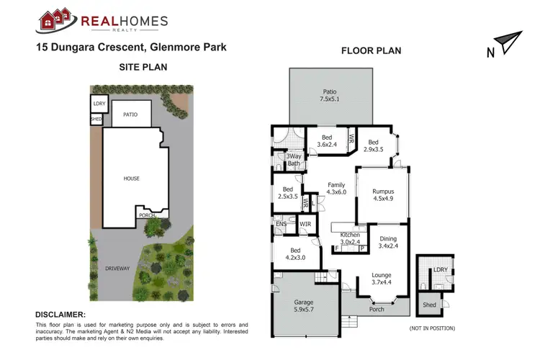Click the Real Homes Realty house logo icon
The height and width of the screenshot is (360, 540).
click(55, 21)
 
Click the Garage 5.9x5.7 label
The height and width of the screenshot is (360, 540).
click(304, 307)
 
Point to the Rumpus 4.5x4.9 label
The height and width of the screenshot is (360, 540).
click(383, 196)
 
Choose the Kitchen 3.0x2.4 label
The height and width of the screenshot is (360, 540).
click(350, 239)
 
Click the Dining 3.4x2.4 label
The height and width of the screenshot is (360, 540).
click(388, 243)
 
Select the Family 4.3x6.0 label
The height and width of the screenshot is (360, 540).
click(336, 189)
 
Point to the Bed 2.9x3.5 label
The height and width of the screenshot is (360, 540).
click(372, 146)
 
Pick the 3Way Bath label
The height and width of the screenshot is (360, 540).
click(293, 160)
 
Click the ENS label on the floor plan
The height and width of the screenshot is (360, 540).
click(281, 225)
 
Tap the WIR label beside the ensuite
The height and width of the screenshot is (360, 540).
click(305, 225)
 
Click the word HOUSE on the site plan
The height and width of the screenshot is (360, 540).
click(131, 179)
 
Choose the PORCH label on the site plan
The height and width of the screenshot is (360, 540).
click(147, 215)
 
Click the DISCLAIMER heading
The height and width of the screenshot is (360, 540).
click(60, 315)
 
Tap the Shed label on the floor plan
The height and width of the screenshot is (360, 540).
click(429, 305)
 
